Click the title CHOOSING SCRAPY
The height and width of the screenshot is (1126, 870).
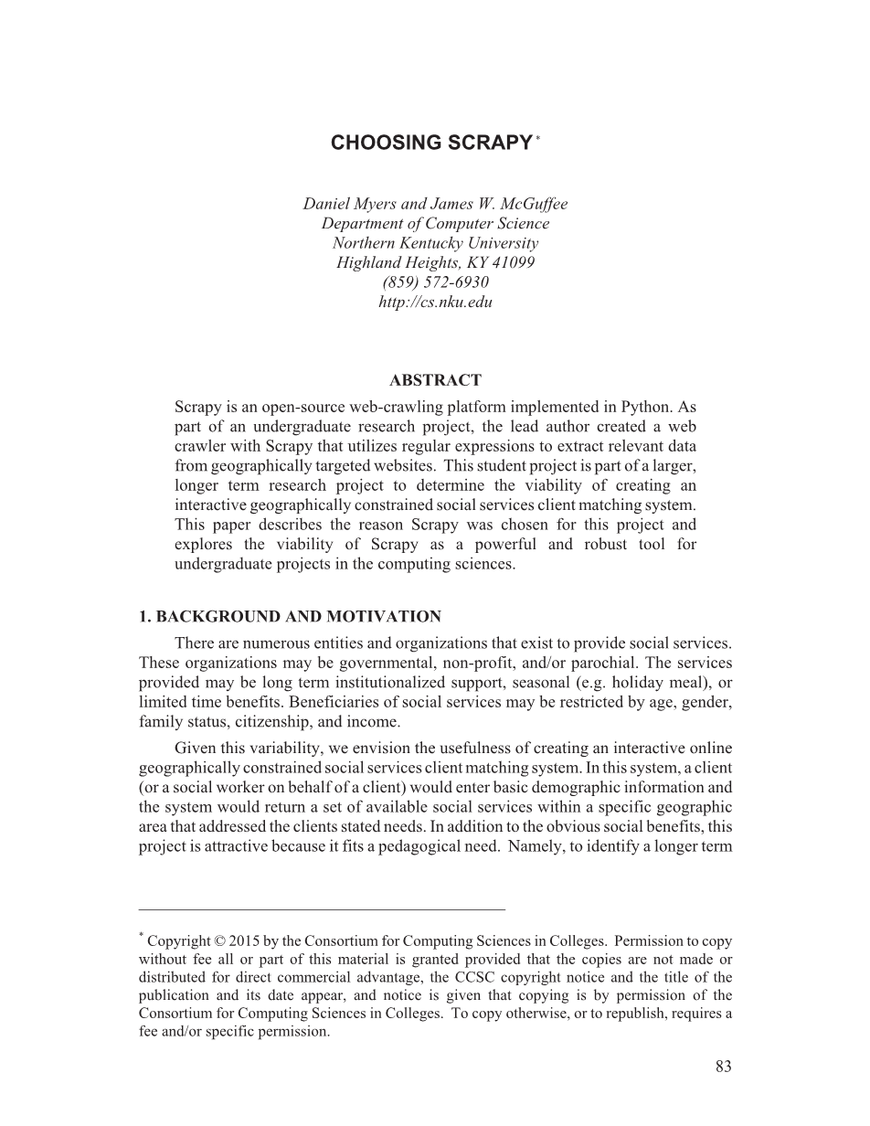431,143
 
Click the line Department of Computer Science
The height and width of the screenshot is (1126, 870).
435,223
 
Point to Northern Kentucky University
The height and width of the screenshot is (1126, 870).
435,243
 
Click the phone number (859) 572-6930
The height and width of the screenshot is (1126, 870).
435,281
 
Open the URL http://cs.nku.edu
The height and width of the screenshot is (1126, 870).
435,302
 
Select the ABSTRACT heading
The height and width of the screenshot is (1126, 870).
435,380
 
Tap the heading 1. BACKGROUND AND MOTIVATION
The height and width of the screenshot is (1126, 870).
290,617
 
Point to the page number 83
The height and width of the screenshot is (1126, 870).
724,1066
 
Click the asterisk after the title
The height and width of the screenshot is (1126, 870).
538,138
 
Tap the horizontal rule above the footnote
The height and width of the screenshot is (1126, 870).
322,909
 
